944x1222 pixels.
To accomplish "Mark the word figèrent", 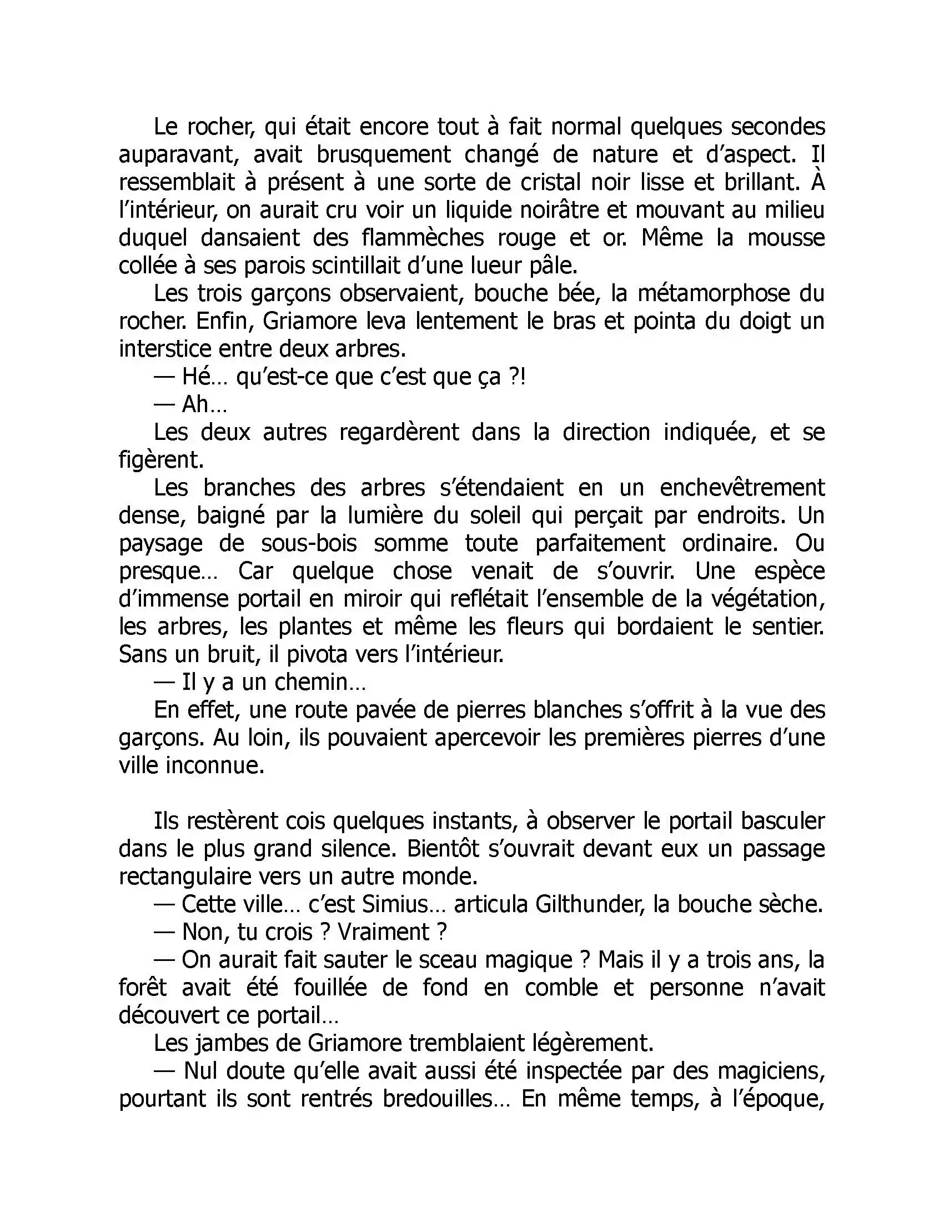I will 161,460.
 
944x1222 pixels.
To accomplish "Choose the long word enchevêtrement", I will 742,488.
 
